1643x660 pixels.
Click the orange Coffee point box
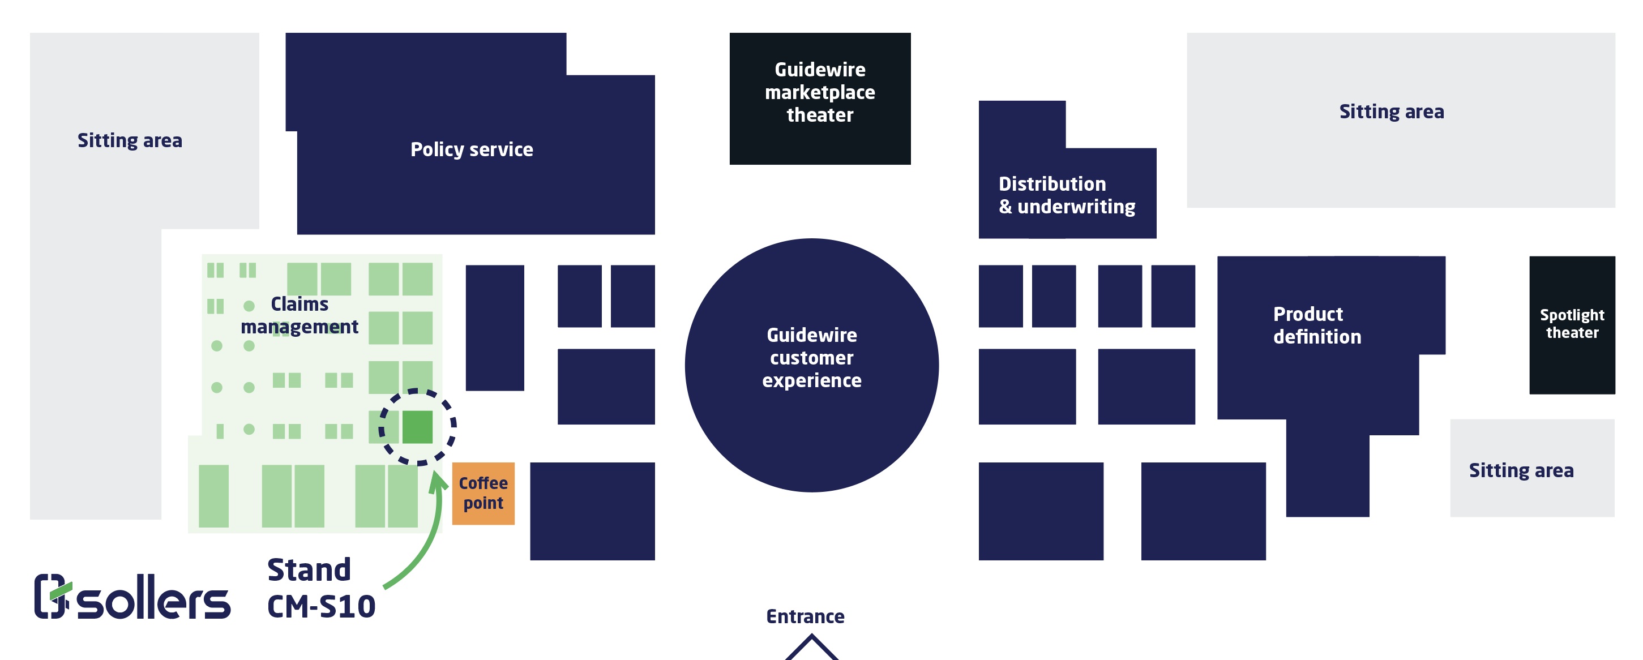483,493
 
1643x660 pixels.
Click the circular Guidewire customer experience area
811,365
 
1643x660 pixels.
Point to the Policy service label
472,149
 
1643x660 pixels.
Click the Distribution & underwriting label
1067,195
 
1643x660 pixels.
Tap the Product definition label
1316,325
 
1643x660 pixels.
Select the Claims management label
299,315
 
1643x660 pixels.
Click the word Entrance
805,616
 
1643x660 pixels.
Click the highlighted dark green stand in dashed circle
417,427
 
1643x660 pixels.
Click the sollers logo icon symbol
51,596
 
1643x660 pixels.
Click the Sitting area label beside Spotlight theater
1521,470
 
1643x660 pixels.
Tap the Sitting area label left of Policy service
130,140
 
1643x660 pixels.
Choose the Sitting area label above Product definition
1391,112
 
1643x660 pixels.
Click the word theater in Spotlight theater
1572,333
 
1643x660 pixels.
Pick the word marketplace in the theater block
820,92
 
